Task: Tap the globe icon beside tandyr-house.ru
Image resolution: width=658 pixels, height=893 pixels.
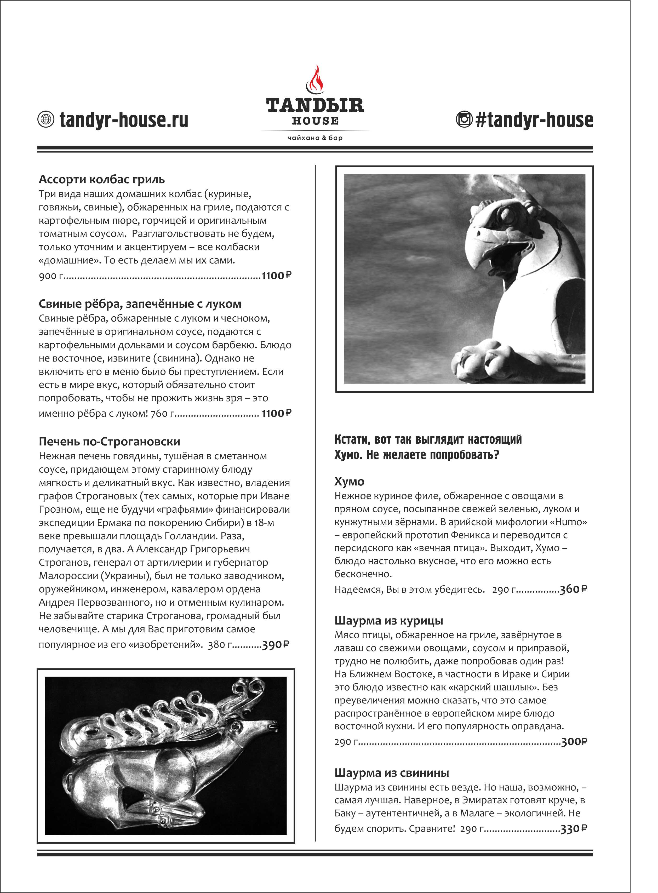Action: click(x=45, y=119)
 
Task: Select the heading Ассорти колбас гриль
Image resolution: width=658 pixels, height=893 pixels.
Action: click(x=102, y=179)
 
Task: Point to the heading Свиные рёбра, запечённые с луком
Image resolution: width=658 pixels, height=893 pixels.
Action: click(x=140, y=304)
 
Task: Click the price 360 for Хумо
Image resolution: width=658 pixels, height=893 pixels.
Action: click(x=570, y=589)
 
